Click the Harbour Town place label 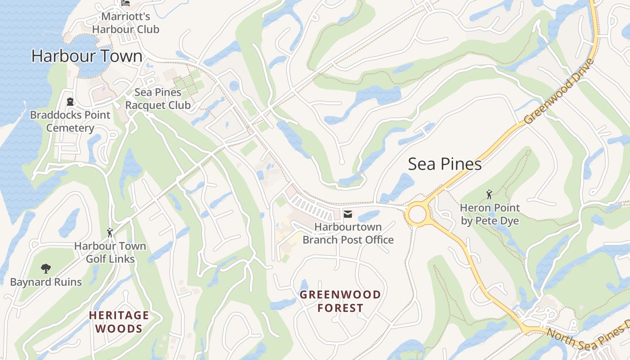pos(87,56)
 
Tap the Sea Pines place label pos(445,164)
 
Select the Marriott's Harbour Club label pos(126,23)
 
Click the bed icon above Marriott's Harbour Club pos(126,3)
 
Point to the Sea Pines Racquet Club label pos(158,99)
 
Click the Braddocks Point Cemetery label pos(70,121)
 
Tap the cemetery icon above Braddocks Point pos(70,101)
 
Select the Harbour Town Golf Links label pos(110,252)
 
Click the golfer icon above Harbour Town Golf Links pos(110,233)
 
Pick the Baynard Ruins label pos(46,282)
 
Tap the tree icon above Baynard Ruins pos(45,269)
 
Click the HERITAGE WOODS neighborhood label pos(119,322)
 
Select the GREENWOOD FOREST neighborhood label pos(340,301)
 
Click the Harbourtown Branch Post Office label pos(348,233)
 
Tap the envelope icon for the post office pos(348,213)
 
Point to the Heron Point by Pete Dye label pos(490,214)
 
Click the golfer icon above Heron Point pos(489,194)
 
